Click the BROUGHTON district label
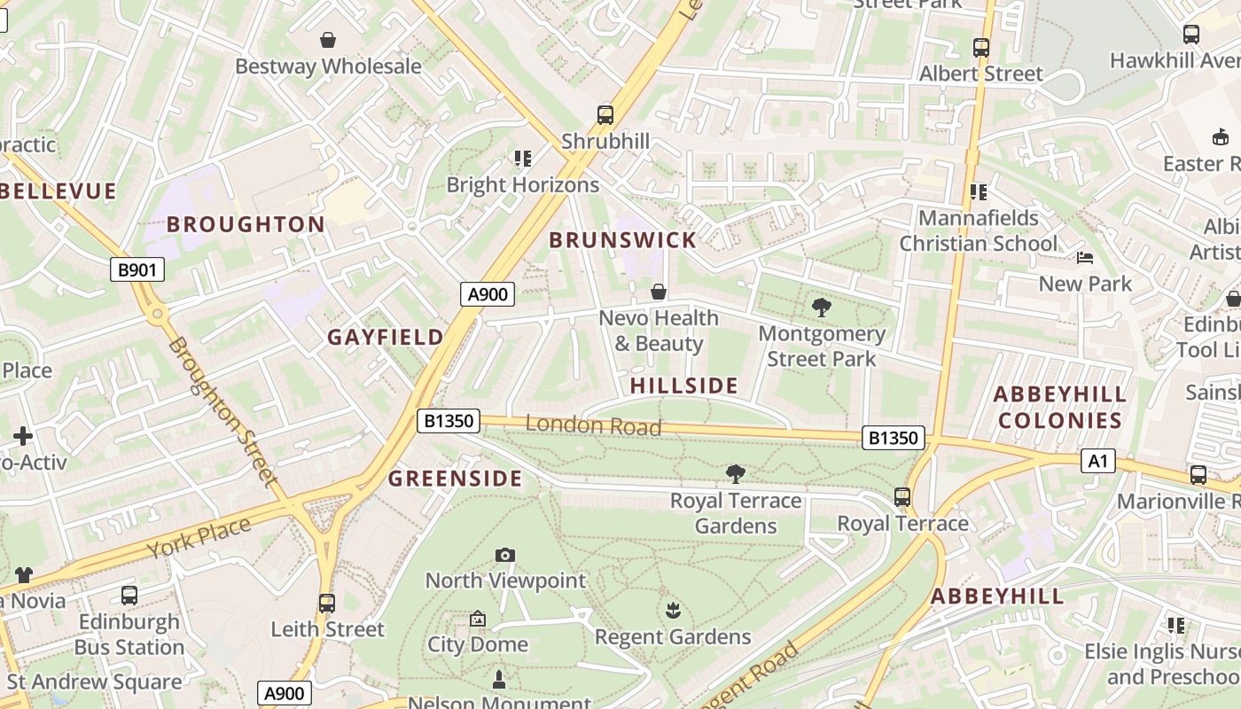click(246, 224)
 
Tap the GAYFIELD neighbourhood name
click(386, 337)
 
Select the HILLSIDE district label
click(683, 386)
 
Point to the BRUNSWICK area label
click(622, 240)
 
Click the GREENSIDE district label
click(456, 479)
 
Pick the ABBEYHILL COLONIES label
click(1060, 407)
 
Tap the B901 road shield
click(137, 269)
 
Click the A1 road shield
click(1098, 461)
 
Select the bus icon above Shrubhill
click(605, 114)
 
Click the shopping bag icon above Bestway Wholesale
click(328, 40)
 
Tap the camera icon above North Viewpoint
click(505, 555)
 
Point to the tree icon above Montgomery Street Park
click(822, 308)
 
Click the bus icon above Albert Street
click(981, 48)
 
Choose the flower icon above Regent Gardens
click(673, 610)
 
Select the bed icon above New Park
click(1085, 258)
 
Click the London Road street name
click(593, 425)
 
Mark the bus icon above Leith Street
click(327, 604)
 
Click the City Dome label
click(478, 644)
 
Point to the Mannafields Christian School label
click(979, 230)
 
